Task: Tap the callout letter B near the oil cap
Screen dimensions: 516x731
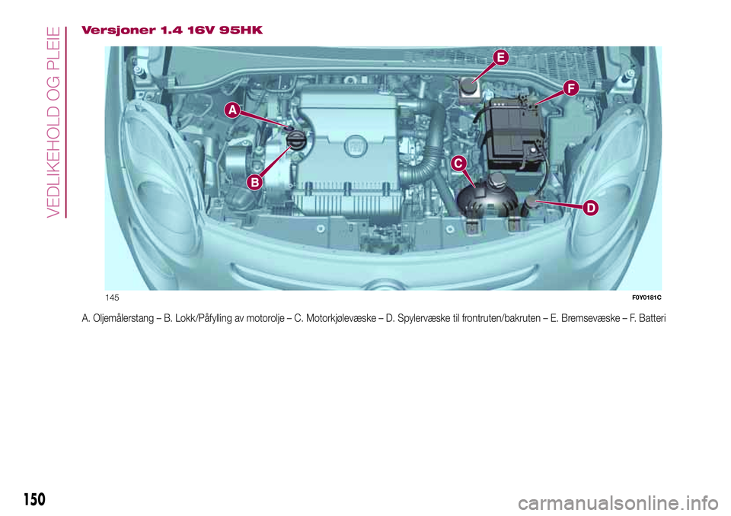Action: [x=254, y=183]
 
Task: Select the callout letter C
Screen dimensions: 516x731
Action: [x=458, y=163]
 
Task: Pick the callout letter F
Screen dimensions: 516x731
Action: [x=571, y=88]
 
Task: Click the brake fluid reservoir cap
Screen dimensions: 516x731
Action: [x=464, y=84]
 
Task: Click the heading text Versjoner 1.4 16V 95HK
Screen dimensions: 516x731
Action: [x=172, y=30]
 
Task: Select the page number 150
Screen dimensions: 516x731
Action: [x=34, y=499]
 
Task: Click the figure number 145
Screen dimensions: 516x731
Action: [x=113, y=298]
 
